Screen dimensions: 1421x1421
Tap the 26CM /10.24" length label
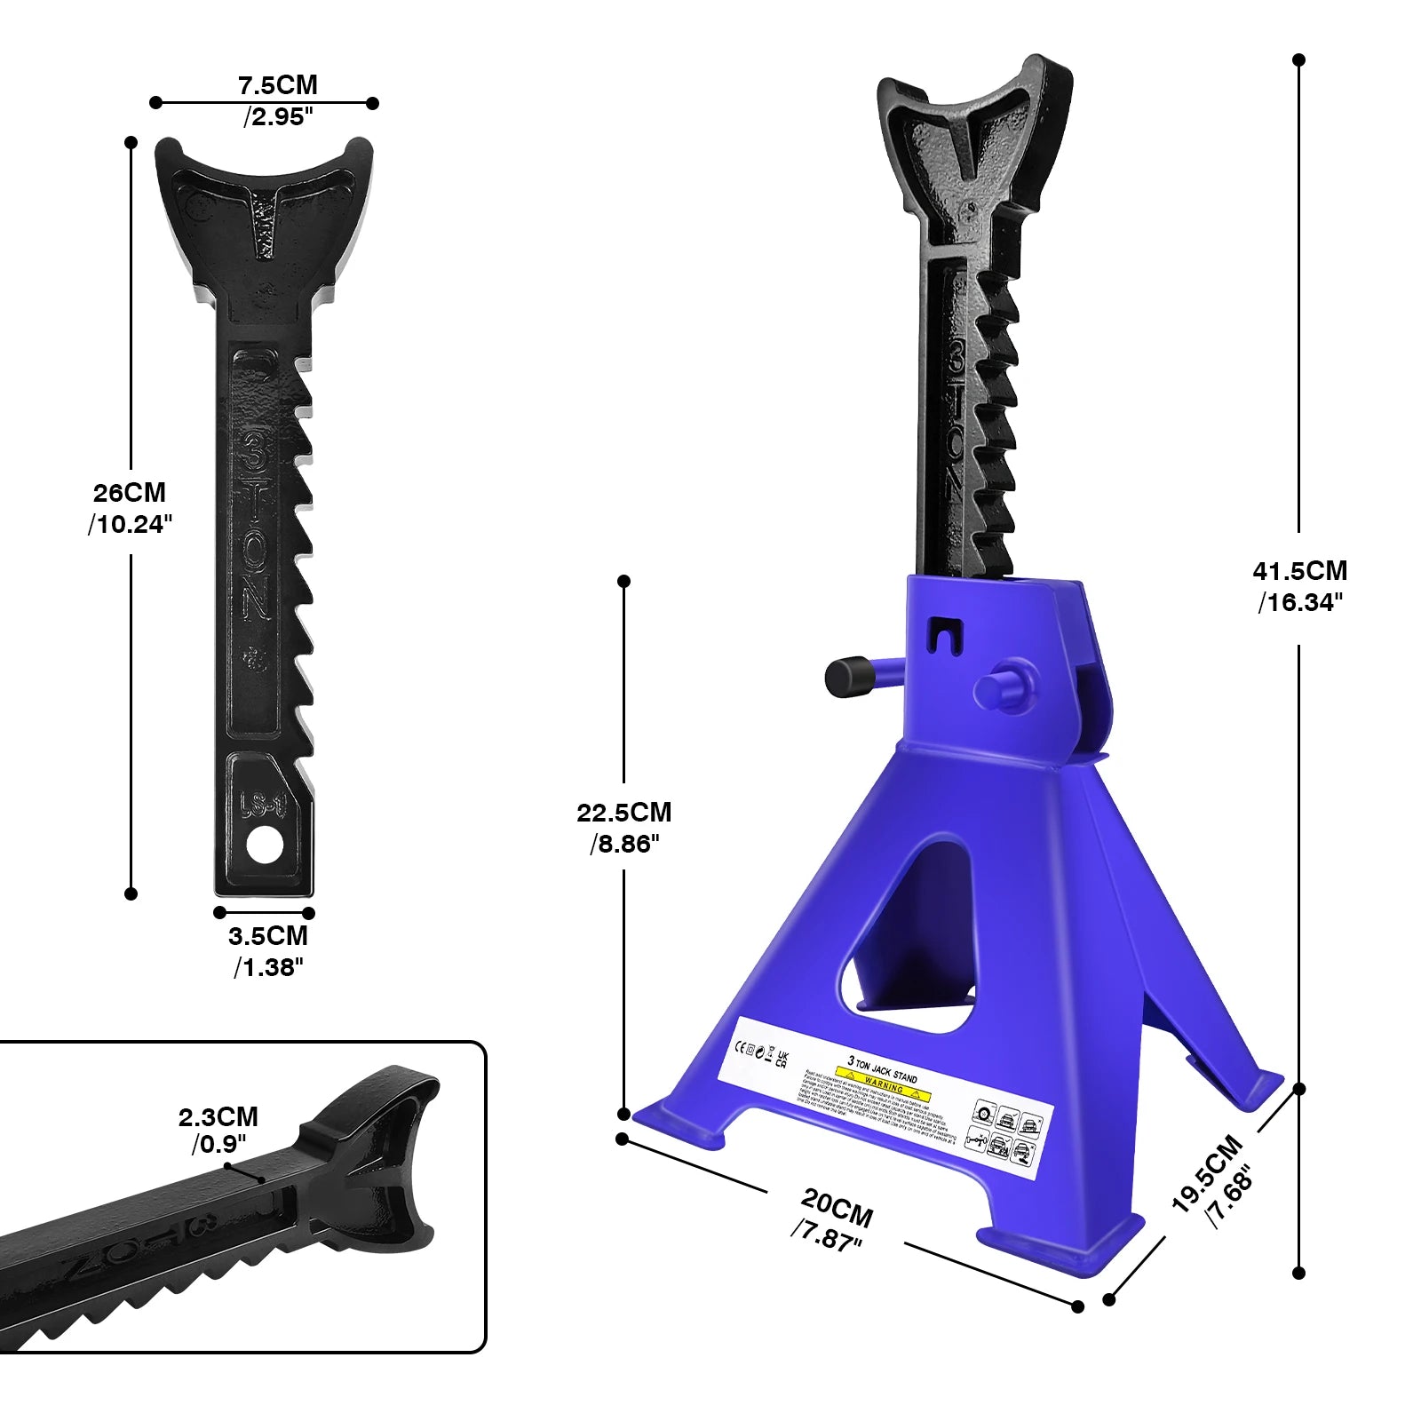pyautogui.click(x=130, y=508)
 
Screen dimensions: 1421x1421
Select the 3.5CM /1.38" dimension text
pyautogui.click(x=268, y=950)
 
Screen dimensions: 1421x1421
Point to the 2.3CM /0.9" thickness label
pyautogui.click(x=218, y=1130)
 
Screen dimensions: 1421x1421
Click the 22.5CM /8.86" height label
pyautogui.click(x=624, y=827)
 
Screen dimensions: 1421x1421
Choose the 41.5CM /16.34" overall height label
pyautogui.click(x=1299, y=586)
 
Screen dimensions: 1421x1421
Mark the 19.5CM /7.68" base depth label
pyautogui.click(x=1213, y=1182)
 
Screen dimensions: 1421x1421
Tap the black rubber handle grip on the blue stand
pyautogui.click(x=846, y=677)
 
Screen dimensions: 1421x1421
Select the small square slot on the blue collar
pyautogui.click(x=944, y=633)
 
